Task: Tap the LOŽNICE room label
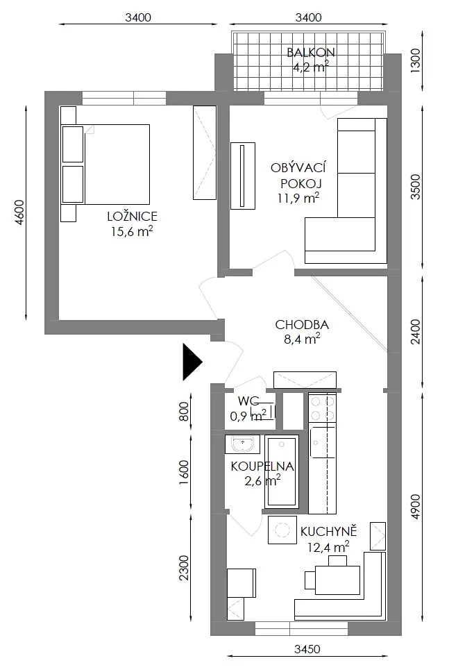[133, 216]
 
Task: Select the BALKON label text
[311, 53]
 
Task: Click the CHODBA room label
[302, 324]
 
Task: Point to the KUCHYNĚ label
[329, 532]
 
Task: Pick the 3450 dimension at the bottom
[307, 649]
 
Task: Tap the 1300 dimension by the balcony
[415, 60]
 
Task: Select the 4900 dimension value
[415, 507]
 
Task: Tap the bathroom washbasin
[242, 444]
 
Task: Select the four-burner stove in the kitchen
[322, 408]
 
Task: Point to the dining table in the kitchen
[337, 580]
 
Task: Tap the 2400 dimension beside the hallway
[415, 332]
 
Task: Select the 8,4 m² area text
[302, 339]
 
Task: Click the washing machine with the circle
[282, 530]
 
